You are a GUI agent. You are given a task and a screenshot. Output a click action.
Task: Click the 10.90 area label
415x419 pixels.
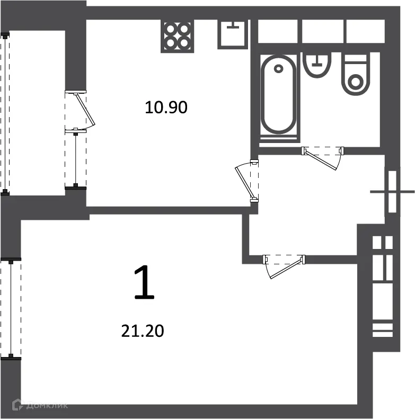click(166, 108)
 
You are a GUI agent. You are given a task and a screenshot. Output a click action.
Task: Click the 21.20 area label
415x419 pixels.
click(143, 332)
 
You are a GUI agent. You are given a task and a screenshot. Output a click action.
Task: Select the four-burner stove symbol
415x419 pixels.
click(178, 35)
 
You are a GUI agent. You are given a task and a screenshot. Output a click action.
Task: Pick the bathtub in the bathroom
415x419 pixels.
click(278, 95)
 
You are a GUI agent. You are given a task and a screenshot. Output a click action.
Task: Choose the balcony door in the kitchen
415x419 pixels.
click(82, 110)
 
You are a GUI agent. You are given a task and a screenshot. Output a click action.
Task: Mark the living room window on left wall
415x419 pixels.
click(11, 309)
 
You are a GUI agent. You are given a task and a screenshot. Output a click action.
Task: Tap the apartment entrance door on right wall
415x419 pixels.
click(393, 191)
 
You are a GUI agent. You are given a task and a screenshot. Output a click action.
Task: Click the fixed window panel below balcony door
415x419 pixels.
click(76, 158)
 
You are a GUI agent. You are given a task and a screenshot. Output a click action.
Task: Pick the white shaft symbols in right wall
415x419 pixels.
click(382, 286)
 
